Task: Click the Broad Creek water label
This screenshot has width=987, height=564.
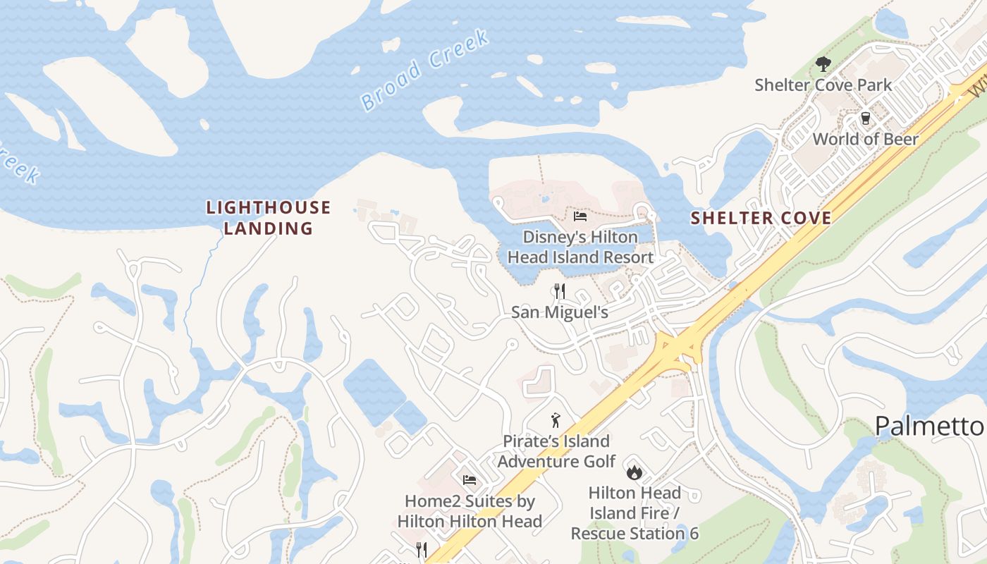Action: click(x=424, y=70)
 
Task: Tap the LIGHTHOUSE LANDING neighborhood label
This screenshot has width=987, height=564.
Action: click(x=268, y=217)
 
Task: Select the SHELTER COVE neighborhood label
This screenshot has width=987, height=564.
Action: click(x=761, y=218)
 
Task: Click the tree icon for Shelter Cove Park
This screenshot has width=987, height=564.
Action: click(x=823, y=65)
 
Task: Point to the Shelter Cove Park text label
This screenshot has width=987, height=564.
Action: click(x=823, y=85)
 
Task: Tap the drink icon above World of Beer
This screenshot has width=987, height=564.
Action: click(x=865, y=118)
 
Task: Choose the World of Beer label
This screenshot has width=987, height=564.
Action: click(x=865, y=139)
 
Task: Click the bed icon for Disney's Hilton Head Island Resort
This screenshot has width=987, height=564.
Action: click(x=580, y=216)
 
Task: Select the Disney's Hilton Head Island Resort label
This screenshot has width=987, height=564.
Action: click(x=580, y=247)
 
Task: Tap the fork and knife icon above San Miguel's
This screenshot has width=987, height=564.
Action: click(x=559, y=290)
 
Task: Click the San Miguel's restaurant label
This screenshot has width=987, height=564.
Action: click(x=559, y=312)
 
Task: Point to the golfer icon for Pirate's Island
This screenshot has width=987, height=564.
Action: click(x=556, y=421)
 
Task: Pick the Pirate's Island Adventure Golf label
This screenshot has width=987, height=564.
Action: click(x=556, y=451)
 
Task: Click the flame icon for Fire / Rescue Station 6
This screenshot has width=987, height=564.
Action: click(x=634, y=472)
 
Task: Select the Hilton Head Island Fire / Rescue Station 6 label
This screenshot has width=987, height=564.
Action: click(x=634, y=513)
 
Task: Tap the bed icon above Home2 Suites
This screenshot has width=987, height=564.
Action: click(x=470, y=481)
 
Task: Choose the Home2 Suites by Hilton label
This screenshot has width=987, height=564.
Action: click(x=470, y=511)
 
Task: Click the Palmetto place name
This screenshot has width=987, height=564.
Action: click(x=929, y=426)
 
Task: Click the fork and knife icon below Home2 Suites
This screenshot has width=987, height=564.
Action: click(x=422, y=550)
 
